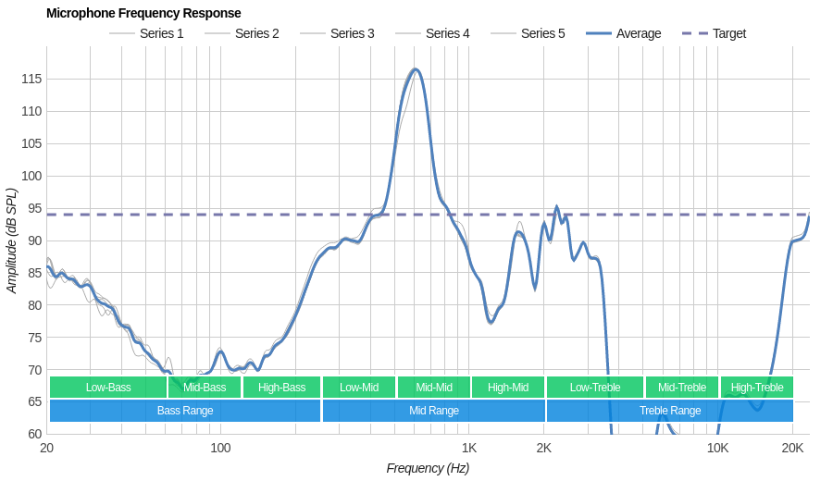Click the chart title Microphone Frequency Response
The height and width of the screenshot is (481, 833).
point(143,13)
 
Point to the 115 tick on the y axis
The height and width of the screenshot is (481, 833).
point(31,79)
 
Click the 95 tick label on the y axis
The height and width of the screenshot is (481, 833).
point(31,208)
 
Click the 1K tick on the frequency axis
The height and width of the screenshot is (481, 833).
point(469,448)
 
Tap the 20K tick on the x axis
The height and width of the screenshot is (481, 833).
point(792,448)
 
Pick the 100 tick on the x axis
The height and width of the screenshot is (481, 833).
point(220,448)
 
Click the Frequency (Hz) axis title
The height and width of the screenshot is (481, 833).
point(428,468)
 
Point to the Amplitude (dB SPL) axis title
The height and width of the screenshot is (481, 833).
point(11,240)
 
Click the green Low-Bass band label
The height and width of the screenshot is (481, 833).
point(108,388)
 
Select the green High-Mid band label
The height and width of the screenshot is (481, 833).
point(508,388)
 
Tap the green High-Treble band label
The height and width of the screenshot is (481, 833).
point(757,388)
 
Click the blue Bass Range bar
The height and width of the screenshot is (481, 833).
point(185,411)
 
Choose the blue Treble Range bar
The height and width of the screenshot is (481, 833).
point(670,411)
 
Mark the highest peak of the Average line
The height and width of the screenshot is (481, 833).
point(416,69)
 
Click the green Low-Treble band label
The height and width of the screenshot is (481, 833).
point(595,388)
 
